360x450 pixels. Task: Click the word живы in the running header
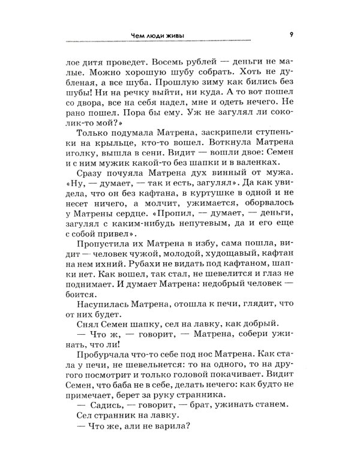pyautogui.click(x=173, y=35)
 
